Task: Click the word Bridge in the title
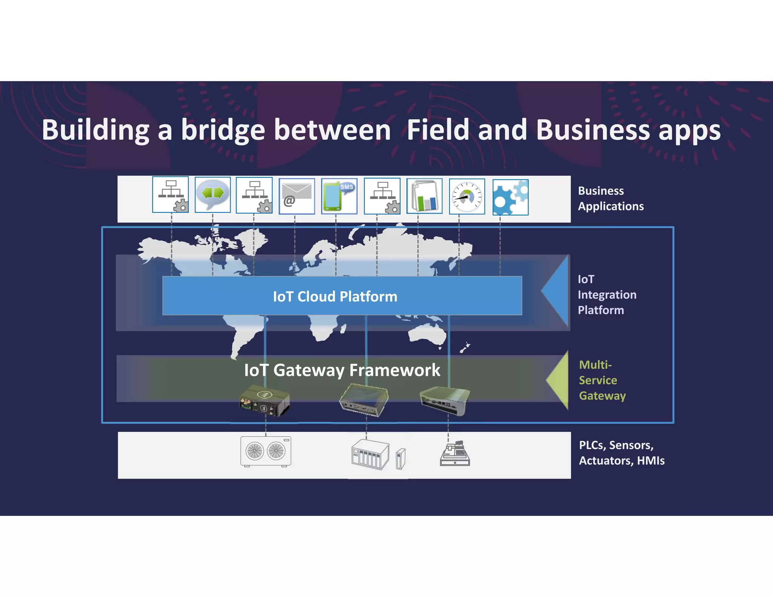coord(223,130)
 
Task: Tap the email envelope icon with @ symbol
coord(297,196)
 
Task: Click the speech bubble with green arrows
coord(212,194)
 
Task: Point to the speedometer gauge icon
coord(467,197)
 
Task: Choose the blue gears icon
coord(510,197)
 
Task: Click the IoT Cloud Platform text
coord(335,297)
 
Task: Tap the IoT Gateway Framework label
coord(342,370)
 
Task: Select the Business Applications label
coord(610,198)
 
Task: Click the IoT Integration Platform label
coord(607,295)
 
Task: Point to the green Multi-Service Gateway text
coord(602,380)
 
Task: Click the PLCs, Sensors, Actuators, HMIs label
coord(621,453)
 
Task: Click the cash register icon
coord(455,454)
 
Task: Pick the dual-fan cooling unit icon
coord(266,451)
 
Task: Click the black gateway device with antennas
coord(265,401)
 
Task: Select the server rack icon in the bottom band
coord(370,455)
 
